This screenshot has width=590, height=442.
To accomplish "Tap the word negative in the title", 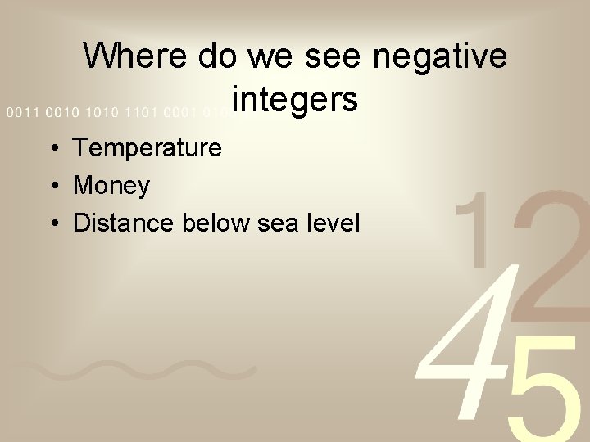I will tap(440, 57).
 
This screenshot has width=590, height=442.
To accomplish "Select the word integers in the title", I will tap(294, 100).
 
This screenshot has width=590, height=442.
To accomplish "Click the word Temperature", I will tap(147, 148).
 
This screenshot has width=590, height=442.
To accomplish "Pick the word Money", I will tap(111, 186).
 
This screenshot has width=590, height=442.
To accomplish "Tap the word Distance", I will tap(121, 223).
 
